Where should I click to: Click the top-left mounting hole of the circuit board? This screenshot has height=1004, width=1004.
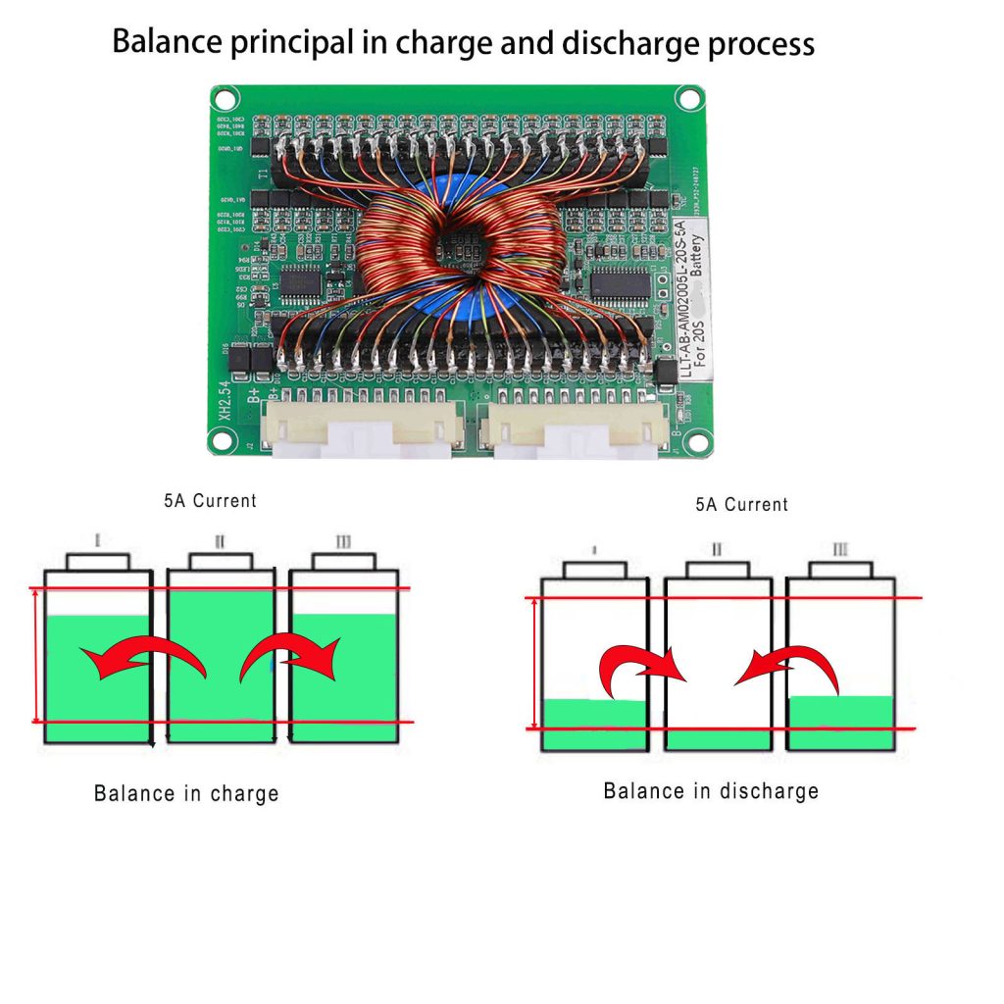click(225, 99)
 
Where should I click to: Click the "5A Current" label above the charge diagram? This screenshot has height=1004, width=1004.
click(210, 501)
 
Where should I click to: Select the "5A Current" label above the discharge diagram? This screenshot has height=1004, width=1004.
click(741, 505)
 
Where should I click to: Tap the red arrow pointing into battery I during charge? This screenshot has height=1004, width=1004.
click(147, 658)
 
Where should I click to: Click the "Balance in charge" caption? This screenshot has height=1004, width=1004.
click(186, 793)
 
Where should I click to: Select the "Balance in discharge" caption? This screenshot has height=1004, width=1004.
click(710, 791)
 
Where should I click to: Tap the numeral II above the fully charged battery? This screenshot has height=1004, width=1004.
click(220, 540)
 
